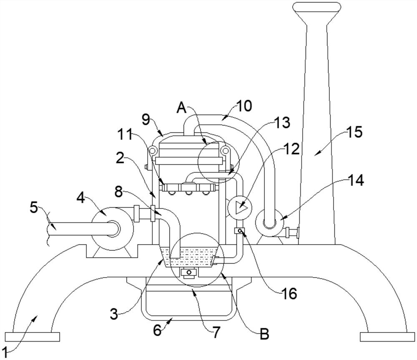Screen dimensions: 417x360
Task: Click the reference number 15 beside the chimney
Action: pos(354,132)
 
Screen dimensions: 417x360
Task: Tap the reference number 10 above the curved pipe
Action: pos(244,106)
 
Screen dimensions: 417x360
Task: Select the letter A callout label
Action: pos(182,108)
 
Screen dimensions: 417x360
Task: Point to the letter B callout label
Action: pos(264,334)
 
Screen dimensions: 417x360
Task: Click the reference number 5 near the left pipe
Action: pos(34,207)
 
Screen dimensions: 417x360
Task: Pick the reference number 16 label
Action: pos(289,294)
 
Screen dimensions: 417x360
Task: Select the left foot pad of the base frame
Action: pos(32,337)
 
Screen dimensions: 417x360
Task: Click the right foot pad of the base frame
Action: pos(387,337)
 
